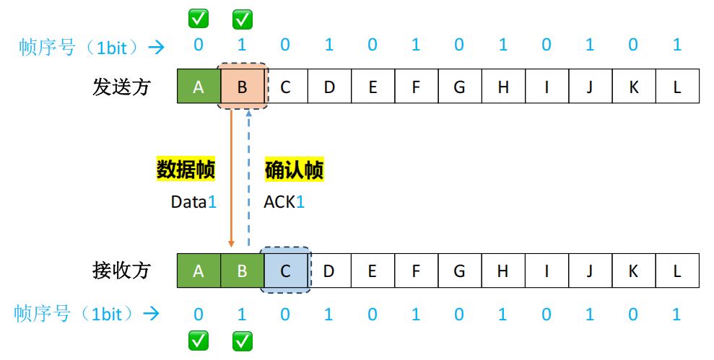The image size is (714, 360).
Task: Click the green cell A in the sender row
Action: pyautogui.click(x=199, y=87)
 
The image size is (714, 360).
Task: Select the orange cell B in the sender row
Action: pyautogui.click(x=243, y=87)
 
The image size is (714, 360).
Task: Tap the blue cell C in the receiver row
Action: pyautogui.click(x=286, y=271)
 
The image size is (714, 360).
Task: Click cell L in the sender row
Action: pyautogui.click(x=677, y=87)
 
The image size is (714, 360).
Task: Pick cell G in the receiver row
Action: pyautogui.click(x=459, y=271)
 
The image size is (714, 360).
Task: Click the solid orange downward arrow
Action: pyautogui.click(x=231, y=180)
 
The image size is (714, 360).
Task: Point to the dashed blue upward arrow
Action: pyautogui.click(x=248, y=180)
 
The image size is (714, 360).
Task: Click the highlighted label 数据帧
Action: pyautogui.click(x=186, y=170)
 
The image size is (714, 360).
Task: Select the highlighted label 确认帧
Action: pyautogui.click(x=294, y=170)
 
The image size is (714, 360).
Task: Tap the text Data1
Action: pyautogui.click(x=193, y=202)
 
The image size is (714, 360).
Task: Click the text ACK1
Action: pyautogui.click(x=284, y=202)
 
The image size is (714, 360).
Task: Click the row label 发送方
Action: pyautogui.click(x=121, y=87)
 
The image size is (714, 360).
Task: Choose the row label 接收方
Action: pyautogui.click(x=121, y=271)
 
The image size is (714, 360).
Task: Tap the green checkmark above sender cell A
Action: pyautogui.click(x=199, y=18)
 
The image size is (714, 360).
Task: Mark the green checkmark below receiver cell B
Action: pyautogui.click(x=243, y=341)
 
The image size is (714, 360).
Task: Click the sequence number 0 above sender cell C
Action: pyautogui.click(x=286, y=45)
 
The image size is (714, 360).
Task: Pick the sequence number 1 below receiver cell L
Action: pyautogui.click(x=677, y=314)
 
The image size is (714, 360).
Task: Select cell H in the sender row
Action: pyautogui.click(x=503, y=87)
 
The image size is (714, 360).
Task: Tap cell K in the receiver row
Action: pyautogui.click(x=633, y=271)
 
